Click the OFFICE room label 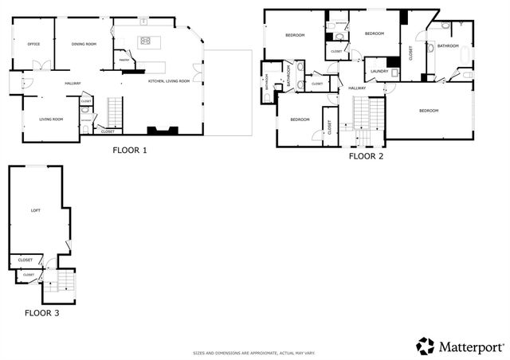pos(33,44)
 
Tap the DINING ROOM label pos(83,44)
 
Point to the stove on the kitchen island pos(145,41)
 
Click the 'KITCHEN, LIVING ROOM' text pos(169,80)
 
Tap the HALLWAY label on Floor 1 pos(73,83)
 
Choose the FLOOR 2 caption pos(366,156)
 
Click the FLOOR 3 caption pos(41,313)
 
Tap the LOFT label pos(35,210)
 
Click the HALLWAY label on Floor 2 pos(356,88)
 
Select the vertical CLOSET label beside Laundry pos(410,53)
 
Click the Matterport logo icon pos(426,346)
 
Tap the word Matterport pos(470,346)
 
